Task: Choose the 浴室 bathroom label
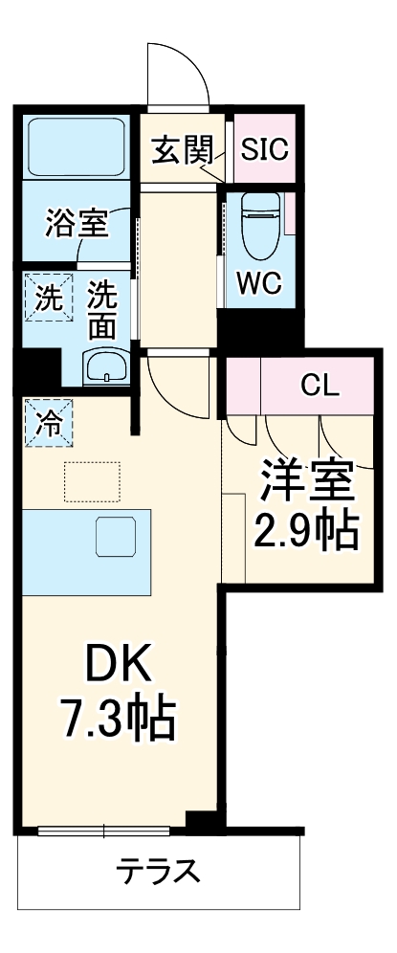click(x=77, y=222)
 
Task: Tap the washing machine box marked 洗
click(x=48, y=297)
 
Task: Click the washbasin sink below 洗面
click(x=106, y=366)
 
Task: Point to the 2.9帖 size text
click(x=305, y=529)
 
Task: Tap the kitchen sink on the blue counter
click(x=116, y=537)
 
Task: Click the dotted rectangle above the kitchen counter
click(x=92, y=482)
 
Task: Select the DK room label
click(x=118, y=668)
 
